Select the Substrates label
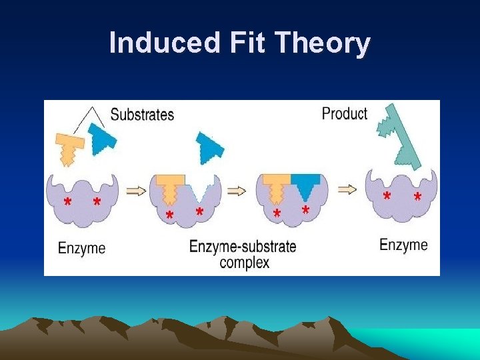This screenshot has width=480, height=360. (x=142, y=115)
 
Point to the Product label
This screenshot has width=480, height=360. (x=344, y=113)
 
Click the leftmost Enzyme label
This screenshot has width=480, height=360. (x=81, y=249)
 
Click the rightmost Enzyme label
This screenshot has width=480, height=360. (x=403, y=245)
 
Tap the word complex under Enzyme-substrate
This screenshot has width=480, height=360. (x=244, y=262)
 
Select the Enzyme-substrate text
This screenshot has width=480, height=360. (x=243, y=246)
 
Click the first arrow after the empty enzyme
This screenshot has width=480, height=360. (x=135, y=191)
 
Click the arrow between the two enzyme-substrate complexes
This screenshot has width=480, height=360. (x=237, y=191)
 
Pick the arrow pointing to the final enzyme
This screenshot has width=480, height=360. (x=347, y=189)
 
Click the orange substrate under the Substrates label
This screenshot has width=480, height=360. (x=67, y=147)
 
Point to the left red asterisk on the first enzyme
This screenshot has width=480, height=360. (x=67, y=202)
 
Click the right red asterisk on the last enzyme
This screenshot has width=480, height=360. (x=417, y=198)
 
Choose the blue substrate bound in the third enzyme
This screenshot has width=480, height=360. (x=305, y=185)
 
